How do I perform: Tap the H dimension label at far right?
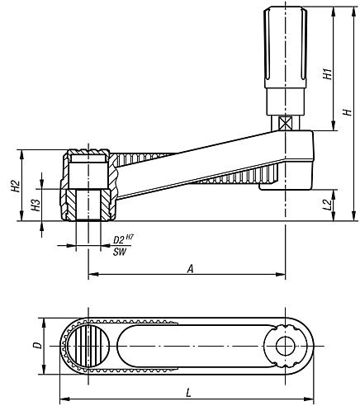(x=348, y=112)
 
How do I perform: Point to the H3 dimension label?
(x=36, y=205)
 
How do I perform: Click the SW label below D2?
(x=120, y=252)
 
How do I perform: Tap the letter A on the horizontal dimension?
(x=190, y=269)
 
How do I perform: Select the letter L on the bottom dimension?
(x=188, y=393)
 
